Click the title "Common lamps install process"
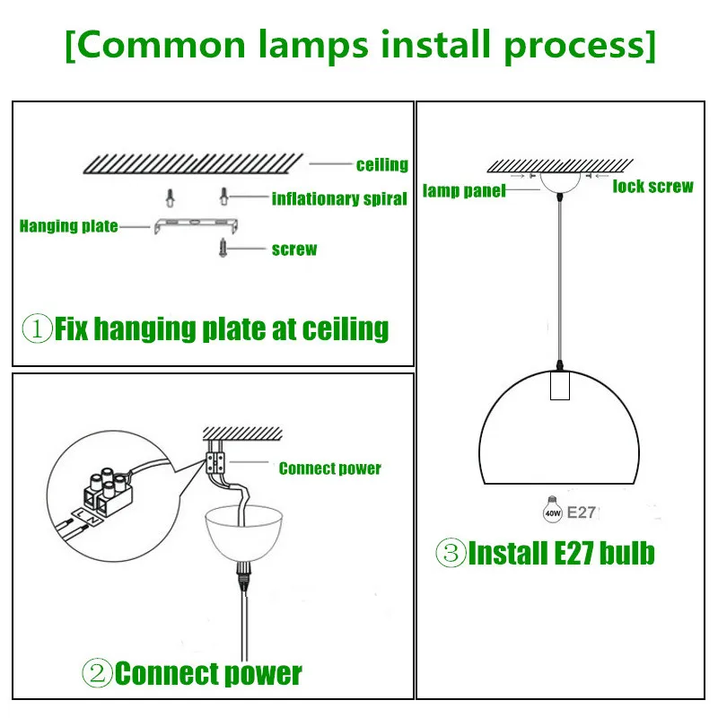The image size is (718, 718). tap(360, 45)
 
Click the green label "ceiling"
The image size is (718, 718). tap(381, 165)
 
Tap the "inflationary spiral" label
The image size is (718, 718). tap(339, 198)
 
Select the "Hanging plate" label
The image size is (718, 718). tap(68, 225)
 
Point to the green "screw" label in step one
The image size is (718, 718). tap(293, 249)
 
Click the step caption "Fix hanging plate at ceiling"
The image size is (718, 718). tap(222, 328)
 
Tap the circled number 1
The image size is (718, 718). tap(37, 328)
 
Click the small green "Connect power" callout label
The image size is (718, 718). tap(329, 468)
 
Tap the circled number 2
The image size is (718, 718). tap(98, 672)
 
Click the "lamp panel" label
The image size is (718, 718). tap(463, 191)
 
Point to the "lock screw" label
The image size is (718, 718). tap(652, 187)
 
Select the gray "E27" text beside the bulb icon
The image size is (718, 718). tap(581, 513)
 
